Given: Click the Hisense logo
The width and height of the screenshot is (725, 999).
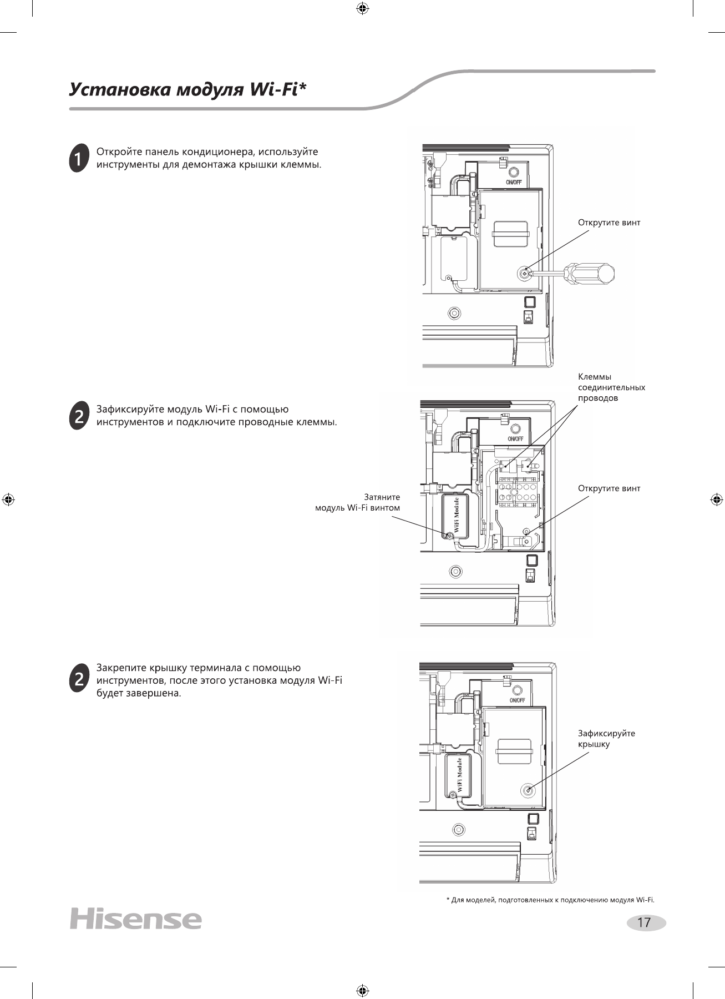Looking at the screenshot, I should [135, 919].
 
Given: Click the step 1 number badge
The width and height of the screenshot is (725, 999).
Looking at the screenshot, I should [79, 158].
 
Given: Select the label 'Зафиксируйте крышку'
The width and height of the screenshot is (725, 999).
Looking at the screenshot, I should [606, 739].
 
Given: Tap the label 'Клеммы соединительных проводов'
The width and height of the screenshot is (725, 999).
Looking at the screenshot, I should [611, 387].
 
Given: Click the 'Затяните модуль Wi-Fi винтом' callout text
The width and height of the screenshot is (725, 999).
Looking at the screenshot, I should [358, 502].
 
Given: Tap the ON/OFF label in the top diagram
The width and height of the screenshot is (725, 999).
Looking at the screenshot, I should [513, 183].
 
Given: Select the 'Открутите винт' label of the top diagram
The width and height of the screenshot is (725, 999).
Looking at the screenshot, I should [609, 223].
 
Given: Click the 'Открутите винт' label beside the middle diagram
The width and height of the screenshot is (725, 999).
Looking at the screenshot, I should [609, 488].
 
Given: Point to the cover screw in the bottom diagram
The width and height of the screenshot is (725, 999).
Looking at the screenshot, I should [527, 790].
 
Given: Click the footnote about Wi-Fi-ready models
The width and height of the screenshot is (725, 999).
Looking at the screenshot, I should [550, 900].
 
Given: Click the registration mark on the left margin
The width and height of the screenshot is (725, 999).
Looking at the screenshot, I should [8, 500].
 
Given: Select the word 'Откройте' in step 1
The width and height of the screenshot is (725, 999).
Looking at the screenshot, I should [115, 152].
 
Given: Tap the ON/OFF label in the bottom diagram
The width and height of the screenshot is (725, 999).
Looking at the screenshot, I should [517, 700].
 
